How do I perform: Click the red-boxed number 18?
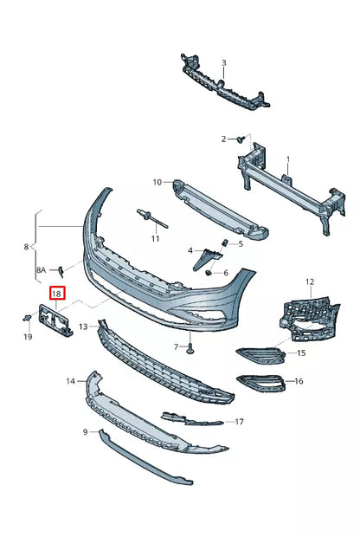click(x=57, y=294)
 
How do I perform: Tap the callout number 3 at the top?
click(x=223, y=63)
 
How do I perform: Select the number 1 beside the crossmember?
click(x=288, y=159)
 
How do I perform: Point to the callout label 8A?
click(x=41, y=270)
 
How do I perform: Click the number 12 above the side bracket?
click(x=310, y=282)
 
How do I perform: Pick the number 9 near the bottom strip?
click(x=86, y=431)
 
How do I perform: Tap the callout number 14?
click(x=70, y=380)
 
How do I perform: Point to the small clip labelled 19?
click(x=27, y=320)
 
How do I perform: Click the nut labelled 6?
click(x=209, y=273)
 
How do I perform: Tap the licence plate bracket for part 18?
click(x=56, y=320)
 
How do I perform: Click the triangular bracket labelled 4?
click(x=205, y=256)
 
